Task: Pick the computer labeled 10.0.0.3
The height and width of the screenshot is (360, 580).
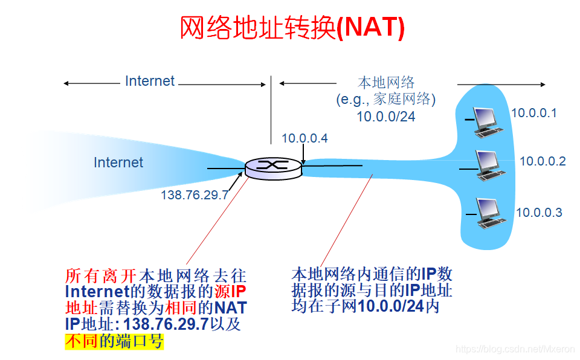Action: [489, 212]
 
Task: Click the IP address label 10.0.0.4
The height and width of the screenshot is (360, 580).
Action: [304, 138]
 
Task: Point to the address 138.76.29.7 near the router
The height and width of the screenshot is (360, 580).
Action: [195, 195]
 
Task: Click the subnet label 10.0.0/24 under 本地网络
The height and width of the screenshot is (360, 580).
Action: [385, 117]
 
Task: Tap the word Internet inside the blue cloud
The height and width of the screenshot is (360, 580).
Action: [118, 162]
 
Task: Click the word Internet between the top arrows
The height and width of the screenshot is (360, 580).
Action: [150, 81]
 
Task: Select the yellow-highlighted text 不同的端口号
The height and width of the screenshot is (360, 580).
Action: [114, 342]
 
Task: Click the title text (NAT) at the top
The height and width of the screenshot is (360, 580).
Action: [370, 28]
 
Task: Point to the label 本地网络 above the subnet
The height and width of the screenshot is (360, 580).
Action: [386, 82]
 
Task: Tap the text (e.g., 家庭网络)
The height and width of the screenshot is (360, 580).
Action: [386, 99]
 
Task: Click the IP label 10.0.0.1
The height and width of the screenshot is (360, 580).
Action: [533, 113]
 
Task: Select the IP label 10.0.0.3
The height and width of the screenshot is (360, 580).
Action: [538, 213]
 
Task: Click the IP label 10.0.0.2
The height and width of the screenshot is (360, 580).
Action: [542, 161]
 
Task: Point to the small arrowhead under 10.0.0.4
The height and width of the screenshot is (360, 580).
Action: [304, 162]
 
